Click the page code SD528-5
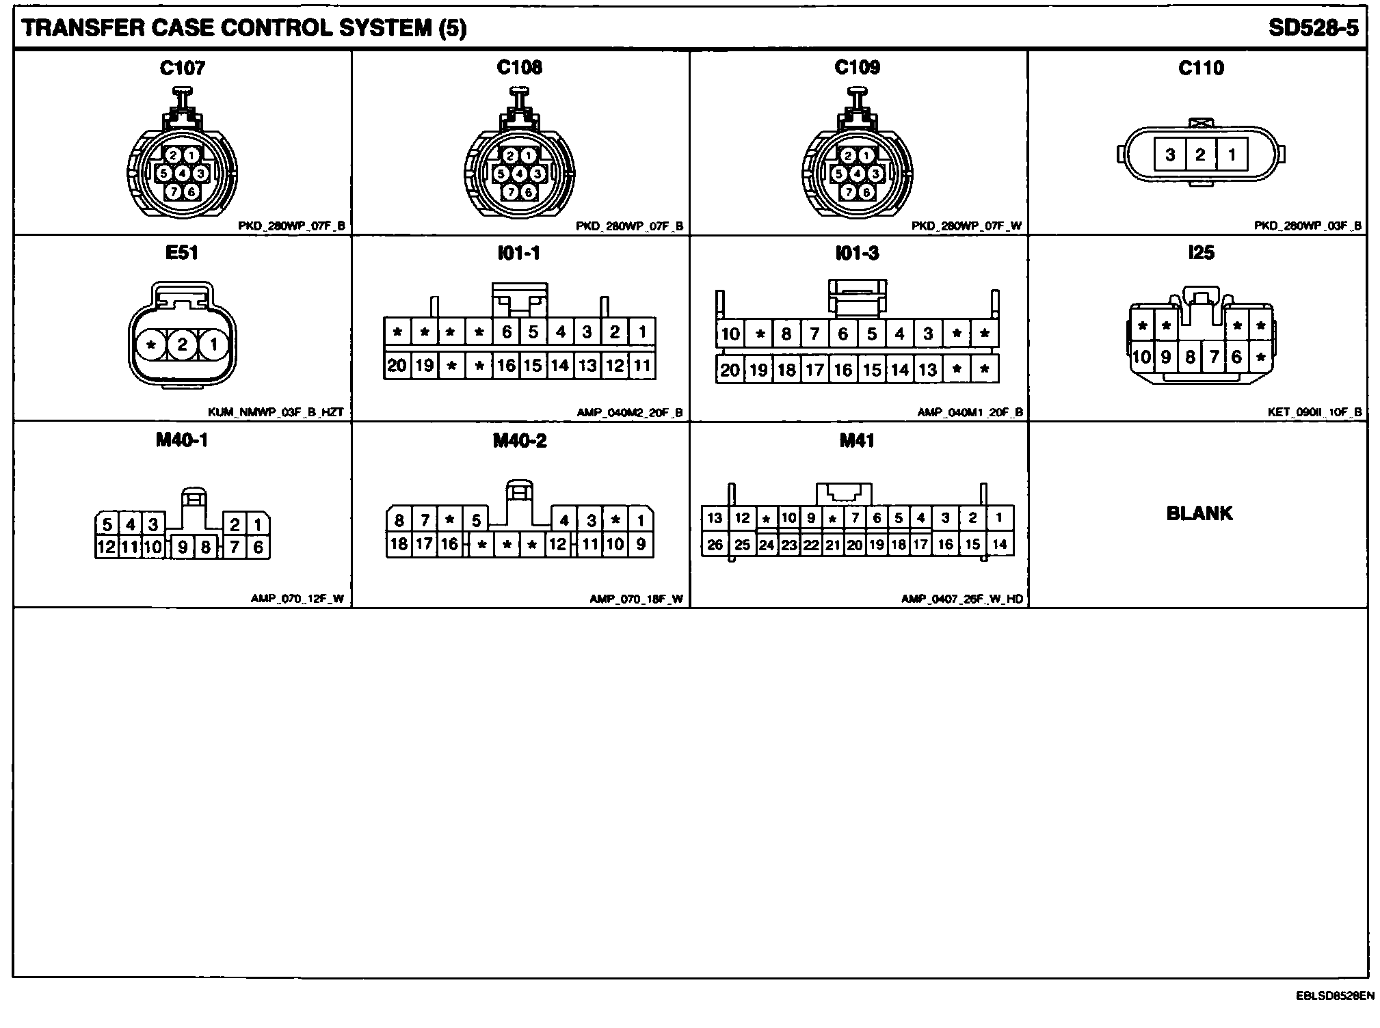[x=1312, y=28]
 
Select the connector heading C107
[x=182, y=68]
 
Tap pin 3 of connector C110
[x=1170, y=154]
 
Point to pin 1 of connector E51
[x=213, y=344]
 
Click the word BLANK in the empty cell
[x=1199, y=513]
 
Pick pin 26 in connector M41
[x=715, y=545]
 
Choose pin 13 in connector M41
[x=715, y=517]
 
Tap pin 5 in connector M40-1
[x=107, y=525]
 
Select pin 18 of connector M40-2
[x=398, y=544]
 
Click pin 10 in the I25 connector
[x=1141, y=356]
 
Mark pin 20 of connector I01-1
[x=397, y=366]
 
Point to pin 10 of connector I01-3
[x=730, y=334]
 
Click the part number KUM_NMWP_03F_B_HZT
[x=276, y=412]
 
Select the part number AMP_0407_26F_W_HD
[x=961, y=599]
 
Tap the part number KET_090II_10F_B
[x=1314, y=412]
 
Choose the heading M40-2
[x=520, y=441]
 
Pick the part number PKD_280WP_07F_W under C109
[x=966, y=226]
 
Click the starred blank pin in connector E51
[x=151, y=344]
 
